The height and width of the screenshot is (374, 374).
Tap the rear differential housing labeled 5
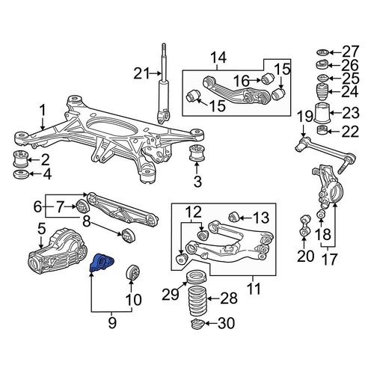[x=52, y=253]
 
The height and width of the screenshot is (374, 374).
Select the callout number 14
[x=218, y=57]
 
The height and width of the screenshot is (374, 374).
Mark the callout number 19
[x=302, y=116]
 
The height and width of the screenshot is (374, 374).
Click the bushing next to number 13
[x=232, y=217]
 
